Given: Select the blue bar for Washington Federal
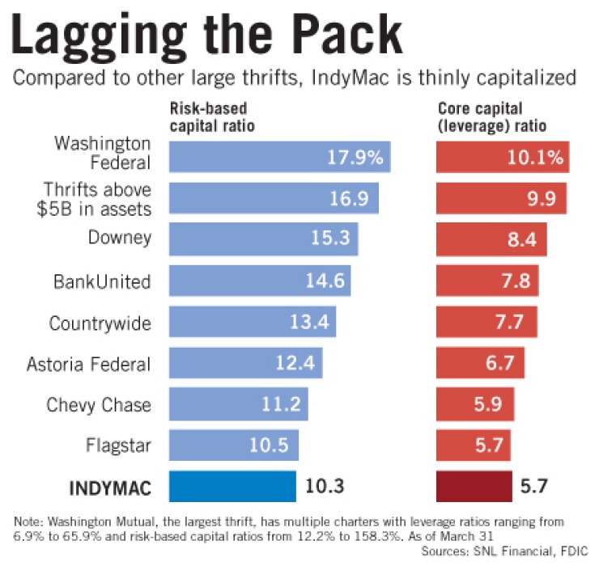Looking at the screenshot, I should click(279, 156).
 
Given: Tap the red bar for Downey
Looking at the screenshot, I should click(491, 239).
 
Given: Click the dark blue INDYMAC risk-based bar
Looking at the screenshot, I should click(232, 487).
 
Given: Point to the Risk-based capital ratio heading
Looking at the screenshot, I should click(209, 117).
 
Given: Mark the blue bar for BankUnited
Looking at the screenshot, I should click(259, 281).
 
